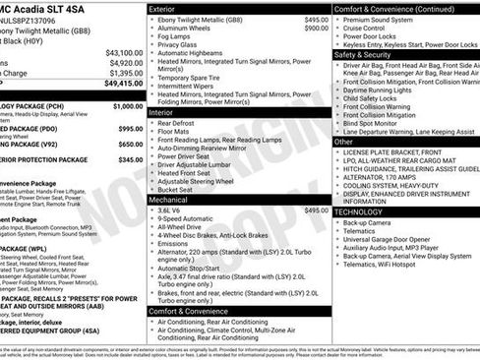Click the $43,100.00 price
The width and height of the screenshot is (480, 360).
(123, 52)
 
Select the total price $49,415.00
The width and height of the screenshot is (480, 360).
(123, 84)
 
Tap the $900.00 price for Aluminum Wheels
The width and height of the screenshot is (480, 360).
(316, 29)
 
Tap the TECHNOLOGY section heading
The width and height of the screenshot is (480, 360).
(358, 211)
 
